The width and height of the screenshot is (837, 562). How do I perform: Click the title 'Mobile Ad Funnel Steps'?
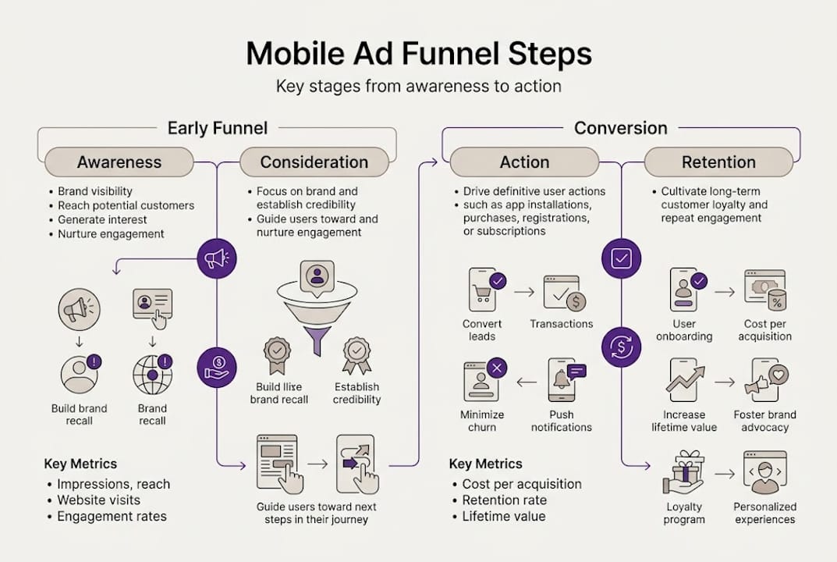click(x=419, y=54)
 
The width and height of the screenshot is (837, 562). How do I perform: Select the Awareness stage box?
click(x=119, y=162)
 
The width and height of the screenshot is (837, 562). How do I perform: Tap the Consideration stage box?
click(x=314, y=162)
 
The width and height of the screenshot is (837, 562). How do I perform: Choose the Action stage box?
click(x=524, y=162)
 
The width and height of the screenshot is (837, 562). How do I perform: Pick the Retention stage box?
click(x=718, y=162)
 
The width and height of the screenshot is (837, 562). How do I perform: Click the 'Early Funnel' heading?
click(x=217, y=128)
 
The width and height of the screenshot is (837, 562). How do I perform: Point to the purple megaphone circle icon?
click(x=217, y=258)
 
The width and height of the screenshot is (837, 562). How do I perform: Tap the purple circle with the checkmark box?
click(x=621, y=258)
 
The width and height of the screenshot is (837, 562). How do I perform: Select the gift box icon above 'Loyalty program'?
click(x=683, y=471)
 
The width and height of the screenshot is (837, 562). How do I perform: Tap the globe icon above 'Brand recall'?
click(x=152, y=375)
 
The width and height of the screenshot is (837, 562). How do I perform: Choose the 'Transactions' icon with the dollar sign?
click(x=564, y=292)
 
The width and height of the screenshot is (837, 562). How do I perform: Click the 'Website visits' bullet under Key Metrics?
click(x=99, y=500)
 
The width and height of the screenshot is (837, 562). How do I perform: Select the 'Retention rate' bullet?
click(x=505, y=500)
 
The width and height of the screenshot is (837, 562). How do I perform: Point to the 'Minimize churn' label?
click(x=482, y=421)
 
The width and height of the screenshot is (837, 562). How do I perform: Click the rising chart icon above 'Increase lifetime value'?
click(x=683, y=380)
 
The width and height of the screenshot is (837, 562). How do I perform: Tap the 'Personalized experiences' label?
click(x=764, y=513)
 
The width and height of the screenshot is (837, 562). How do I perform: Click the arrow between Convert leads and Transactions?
click(x=523, y=292)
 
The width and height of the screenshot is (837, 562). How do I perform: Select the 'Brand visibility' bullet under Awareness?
click(x=95, y=191)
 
